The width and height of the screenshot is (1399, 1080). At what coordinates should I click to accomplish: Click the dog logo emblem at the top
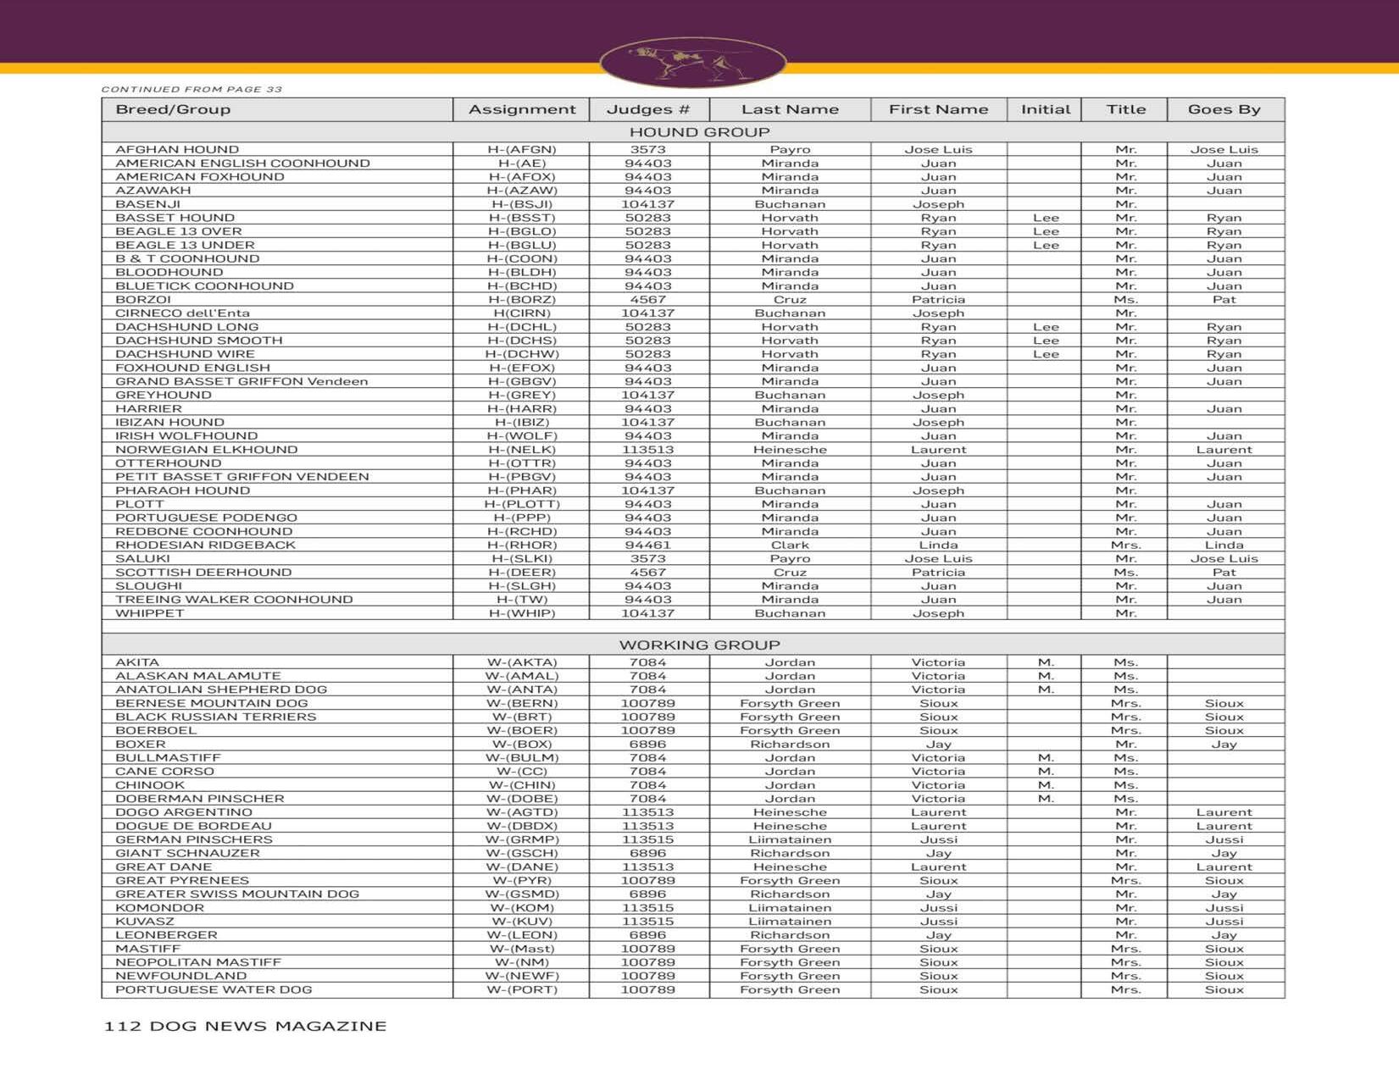692,62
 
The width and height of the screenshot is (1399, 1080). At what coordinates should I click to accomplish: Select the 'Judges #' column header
648,109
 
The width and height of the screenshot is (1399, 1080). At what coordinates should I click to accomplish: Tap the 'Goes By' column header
1224,109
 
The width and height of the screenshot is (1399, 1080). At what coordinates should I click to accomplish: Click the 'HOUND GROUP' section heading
699,132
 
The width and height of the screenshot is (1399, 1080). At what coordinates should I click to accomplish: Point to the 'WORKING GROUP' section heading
699,645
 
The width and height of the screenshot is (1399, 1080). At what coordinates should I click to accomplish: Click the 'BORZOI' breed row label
143,300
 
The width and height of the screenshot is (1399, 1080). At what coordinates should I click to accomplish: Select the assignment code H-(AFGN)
521,150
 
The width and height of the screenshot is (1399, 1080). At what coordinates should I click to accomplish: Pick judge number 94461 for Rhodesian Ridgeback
647,546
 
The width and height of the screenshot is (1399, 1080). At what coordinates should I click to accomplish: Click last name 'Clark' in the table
790,546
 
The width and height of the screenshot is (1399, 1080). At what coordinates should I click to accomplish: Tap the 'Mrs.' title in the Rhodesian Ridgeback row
1125,546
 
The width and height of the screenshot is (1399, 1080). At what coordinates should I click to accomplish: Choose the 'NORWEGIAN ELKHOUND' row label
206,450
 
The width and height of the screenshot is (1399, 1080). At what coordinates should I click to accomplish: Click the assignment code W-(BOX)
521,745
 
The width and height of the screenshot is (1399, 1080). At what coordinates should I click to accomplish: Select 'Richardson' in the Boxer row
790,745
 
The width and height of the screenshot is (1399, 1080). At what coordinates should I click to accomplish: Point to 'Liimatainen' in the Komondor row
790,908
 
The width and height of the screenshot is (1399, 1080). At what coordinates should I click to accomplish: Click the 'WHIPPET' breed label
149,613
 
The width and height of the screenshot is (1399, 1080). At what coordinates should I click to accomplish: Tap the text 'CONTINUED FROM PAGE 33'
192,89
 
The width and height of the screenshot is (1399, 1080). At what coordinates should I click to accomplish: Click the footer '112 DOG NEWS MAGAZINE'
245,1026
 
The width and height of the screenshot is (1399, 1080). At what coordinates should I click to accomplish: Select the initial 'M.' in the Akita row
1046,662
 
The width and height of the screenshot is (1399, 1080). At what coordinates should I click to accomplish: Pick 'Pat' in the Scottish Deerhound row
1224,573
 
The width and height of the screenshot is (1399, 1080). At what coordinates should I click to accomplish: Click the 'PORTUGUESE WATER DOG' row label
214,990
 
